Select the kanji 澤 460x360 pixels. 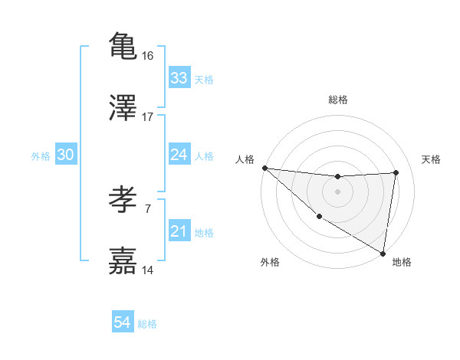123,108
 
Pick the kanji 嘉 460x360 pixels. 123,261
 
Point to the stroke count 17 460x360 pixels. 148,117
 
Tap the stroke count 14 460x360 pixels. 148,270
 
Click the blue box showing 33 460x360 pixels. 179,78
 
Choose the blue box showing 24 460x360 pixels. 179,155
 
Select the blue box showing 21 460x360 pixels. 179,231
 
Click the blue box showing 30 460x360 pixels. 66,155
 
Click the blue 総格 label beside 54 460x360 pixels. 147,324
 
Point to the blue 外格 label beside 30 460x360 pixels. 41,156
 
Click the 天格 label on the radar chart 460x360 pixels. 432,159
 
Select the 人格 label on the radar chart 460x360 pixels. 244,159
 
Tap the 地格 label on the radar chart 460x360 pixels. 402,262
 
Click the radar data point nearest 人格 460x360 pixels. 264,168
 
